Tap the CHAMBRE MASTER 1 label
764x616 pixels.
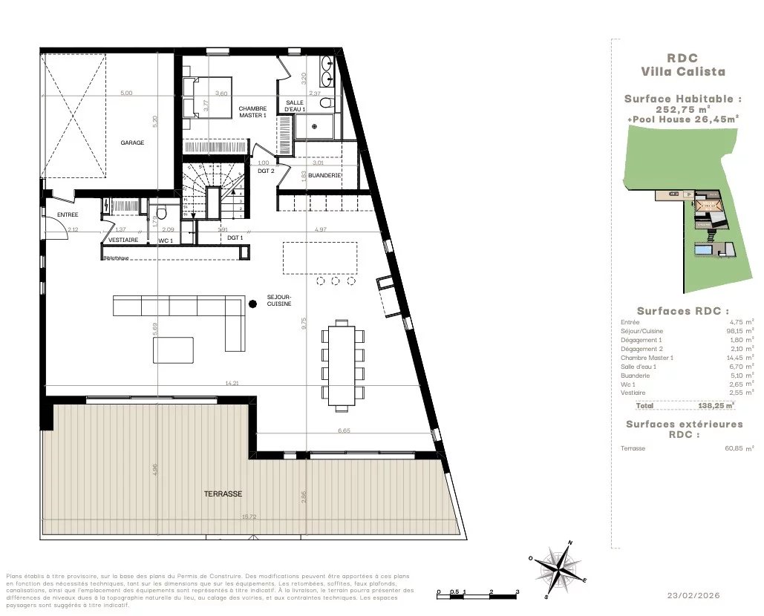click(252, 112)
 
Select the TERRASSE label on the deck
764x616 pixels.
click(223, 494)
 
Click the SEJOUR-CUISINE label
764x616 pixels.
click(279, 299)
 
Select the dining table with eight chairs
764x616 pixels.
click(343, 364)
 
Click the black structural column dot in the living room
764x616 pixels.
click(252, 303)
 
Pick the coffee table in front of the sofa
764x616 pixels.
click(173, 350)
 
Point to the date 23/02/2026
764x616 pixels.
click(693, 595)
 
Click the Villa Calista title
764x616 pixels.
click(682, 72)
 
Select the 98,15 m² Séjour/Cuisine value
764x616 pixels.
click(739, 331)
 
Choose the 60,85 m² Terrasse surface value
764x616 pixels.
click(739, 448)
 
